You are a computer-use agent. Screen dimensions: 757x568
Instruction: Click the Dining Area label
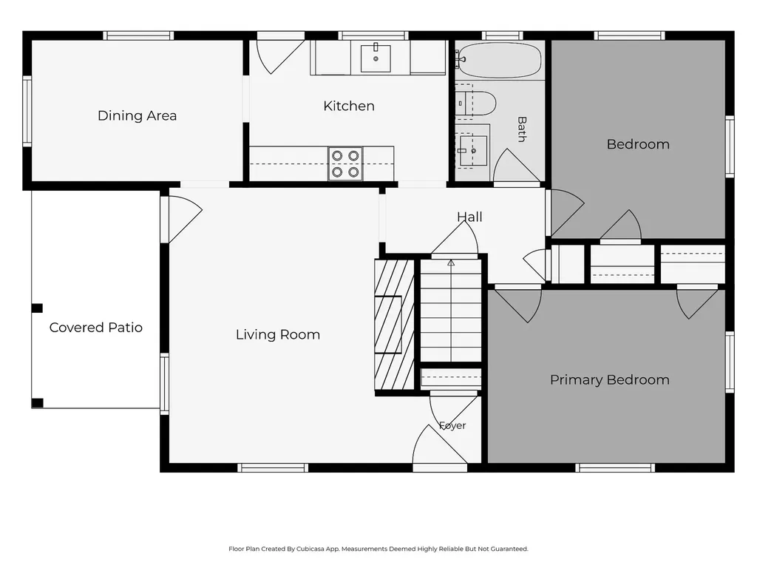[137, 115]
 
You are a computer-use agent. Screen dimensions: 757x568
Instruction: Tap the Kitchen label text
[349, 106]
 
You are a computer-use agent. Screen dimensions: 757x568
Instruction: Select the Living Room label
[278, 334]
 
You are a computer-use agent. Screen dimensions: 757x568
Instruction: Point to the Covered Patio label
[95, 328]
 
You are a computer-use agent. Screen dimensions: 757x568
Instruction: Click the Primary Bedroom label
[610, 379]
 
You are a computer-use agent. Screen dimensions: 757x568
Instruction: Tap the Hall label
[469, 217]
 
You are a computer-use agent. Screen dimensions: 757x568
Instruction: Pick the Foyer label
[452, 425]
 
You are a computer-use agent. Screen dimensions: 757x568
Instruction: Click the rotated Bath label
[521, 129]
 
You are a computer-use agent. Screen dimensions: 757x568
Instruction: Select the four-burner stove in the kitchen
[345, 163]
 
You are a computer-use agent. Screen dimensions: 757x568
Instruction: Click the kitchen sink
[376, 58]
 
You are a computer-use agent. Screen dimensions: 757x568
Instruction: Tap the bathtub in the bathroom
[499, 60]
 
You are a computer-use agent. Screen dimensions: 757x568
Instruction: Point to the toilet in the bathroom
[475, 103]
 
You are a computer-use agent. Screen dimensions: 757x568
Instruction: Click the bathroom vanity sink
[472, 151]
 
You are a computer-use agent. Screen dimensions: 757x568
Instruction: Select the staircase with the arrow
[451, 311]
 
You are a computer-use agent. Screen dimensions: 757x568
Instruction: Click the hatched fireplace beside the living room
[395, 325]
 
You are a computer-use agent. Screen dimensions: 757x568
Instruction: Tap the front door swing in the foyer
[439, 444]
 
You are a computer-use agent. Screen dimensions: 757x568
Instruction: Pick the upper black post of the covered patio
[37, 308]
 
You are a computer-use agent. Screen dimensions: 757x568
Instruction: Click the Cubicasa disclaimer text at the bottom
[378, 549]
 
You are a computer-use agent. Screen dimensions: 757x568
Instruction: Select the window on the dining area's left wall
[27, 111]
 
